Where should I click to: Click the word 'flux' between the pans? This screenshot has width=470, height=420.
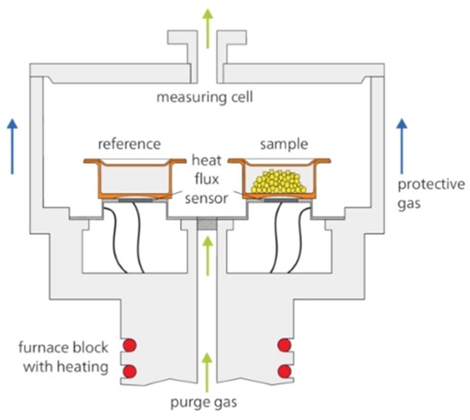click(x=205, y=175)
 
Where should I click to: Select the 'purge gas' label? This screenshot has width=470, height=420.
click(x=205, y=403)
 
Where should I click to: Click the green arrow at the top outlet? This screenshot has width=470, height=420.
click(x=205, y=20)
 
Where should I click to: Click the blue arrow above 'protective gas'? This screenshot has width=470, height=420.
click(x=401, y=146)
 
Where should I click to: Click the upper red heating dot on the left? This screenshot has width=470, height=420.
click(x=130, y=346)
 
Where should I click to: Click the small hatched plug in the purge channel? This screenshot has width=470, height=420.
click(x=205, y=224)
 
